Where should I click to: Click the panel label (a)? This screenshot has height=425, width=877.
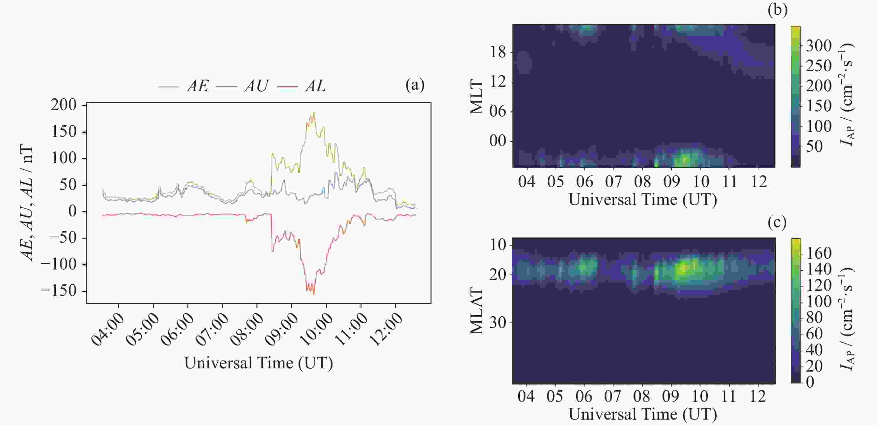(415, 85)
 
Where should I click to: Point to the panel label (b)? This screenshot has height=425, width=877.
(777, 10)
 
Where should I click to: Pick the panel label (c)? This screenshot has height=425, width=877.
(777, 223)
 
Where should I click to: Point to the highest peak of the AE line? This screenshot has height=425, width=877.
(313, 113)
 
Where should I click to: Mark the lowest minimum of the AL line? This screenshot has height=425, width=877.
(313, 294)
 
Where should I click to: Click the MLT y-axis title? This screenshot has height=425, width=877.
(477, 97)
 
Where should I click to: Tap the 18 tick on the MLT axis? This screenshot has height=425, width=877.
(498, 52)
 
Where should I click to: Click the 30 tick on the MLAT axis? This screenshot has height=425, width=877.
(498, 322)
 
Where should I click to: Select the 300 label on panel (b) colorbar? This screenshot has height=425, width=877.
(818, 45)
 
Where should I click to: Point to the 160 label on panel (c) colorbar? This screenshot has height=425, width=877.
(818, 253)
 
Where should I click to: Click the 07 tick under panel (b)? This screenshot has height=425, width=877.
(613, 181)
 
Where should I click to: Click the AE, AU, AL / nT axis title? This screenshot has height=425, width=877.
(27, 203)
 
